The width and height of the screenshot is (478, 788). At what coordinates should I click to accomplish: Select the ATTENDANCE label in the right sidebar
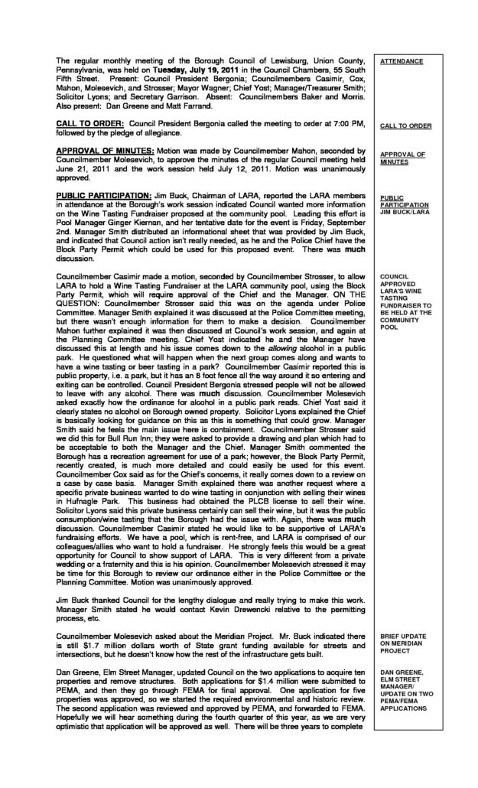(x=402, y=59)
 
